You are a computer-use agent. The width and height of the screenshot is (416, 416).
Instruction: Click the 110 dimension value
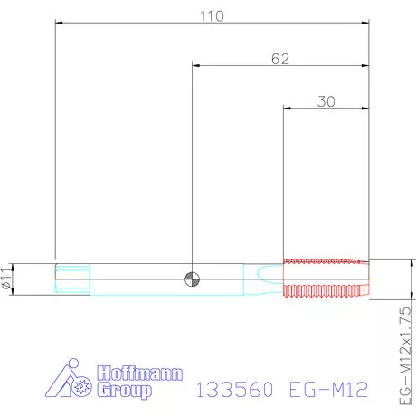tap(212, 16)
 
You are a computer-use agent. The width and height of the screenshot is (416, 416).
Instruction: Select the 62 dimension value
tap(280, 59)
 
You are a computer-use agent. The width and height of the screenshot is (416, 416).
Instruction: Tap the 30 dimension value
tap(326, 101)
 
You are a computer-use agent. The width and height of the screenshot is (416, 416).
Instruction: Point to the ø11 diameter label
tap(6, 279)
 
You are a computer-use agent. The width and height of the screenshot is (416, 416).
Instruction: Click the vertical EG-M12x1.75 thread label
tap(405, 356)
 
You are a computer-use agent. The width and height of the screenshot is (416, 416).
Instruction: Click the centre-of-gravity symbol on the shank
tap(192, 279)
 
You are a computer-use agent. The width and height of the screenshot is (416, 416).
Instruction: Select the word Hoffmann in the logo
tap(140, 373)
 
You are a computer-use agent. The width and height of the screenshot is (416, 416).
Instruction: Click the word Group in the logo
tap(124, 391)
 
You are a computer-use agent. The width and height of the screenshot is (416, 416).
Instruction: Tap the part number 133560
tap(235, 389)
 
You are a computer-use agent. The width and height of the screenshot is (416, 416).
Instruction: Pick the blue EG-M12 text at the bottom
tap(328, 389)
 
